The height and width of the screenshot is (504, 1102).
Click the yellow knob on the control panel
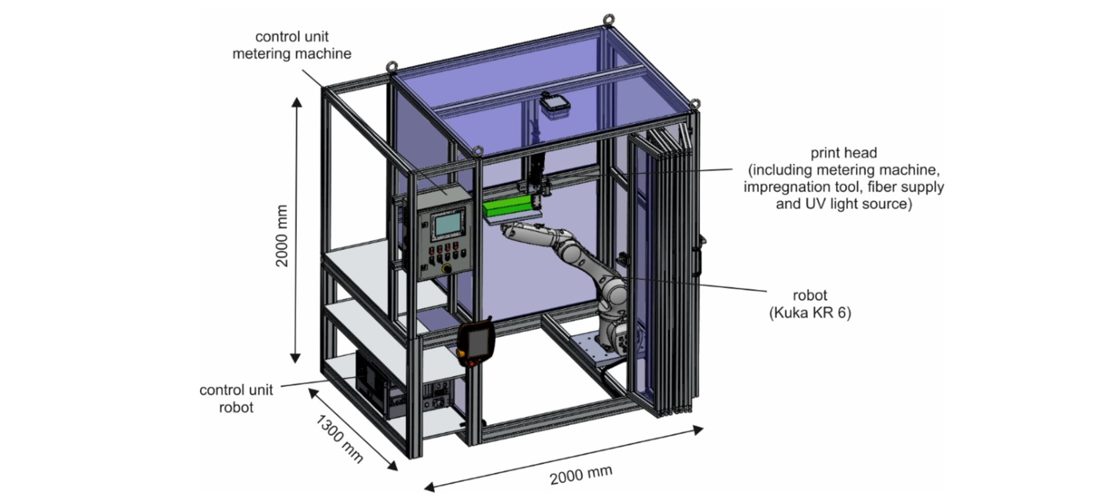point(446,268)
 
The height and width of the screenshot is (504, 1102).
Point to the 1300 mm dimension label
point(340,438)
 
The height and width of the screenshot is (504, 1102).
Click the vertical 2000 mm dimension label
point(281,236)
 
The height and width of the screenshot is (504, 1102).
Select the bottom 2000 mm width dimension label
point(581,474)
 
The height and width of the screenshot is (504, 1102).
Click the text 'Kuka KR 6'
point(810,313)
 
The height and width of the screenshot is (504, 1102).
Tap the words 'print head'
point(843,153)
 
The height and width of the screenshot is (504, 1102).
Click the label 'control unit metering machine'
point(291,45)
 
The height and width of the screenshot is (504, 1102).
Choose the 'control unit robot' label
point(236,398)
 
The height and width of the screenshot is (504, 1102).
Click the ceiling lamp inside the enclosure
point(554,106)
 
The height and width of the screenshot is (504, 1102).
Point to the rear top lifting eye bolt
point(609,20)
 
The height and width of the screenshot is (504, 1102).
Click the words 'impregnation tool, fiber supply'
point(844,187)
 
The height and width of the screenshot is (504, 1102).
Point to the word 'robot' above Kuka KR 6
point(810,295)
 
